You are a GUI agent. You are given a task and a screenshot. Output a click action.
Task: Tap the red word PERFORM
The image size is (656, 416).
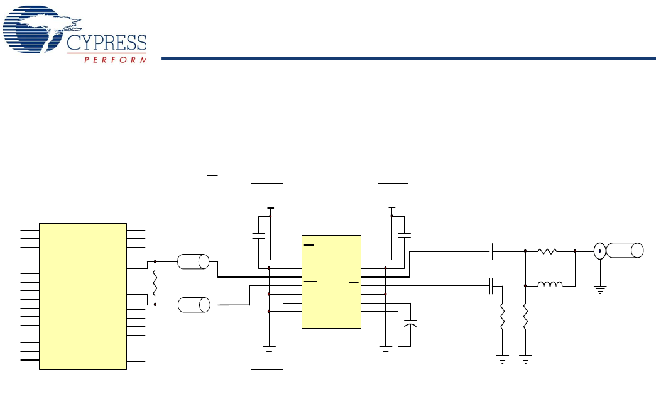(x=116, y=60)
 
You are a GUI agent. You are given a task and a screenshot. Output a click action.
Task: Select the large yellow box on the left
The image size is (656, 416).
(x=83, y=295)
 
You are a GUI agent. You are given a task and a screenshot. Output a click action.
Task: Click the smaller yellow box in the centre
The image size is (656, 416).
(x=332, y=282)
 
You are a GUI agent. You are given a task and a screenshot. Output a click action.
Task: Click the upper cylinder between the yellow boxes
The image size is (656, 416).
(x=193, y=261)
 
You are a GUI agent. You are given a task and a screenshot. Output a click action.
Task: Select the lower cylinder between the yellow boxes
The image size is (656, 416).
(x=193, y=305)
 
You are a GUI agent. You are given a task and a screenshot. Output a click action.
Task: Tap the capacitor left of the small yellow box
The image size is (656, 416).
(x=258, y=236)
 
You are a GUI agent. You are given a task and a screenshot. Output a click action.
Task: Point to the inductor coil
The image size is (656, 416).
(x=550, y=285)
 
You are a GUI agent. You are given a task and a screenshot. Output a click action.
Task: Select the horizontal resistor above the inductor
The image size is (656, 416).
(x=547, y=251)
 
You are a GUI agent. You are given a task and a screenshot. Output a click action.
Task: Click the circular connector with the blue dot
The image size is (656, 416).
(x=599, y=251)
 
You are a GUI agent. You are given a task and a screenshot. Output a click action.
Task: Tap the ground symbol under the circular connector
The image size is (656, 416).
(x=599, y=290)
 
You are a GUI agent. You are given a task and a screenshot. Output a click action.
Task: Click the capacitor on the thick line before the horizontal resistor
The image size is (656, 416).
(x=492, y=251)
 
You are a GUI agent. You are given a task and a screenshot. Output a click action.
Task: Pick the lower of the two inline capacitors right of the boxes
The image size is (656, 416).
(x=492, y=287)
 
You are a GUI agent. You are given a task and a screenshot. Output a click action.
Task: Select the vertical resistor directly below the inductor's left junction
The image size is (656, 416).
(x=525, y=319)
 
